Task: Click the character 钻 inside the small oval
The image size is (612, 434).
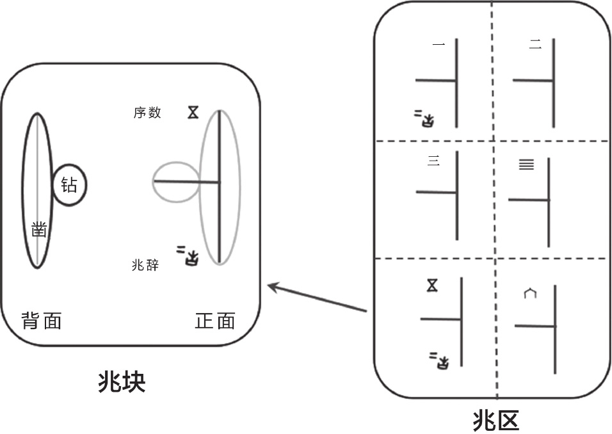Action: [x=68, y=186]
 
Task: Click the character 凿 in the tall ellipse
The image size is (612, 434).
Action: [x=39, y=229]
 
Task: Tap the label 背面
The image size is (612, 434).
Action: [x=42, y=320]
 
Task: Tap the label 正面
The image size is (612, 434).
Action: [x=214, y=320]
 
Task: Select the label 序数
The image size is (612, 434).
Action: [x=147, y=113]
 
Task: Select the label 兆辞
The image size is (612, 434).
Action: [x=145, y=264]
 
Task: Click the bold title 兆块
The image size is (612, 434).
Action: [x=122, y=382]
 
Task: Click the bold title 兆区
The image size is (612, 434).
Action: [x=495, y=420]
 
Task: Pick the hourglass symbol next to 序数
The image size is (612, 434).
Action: [x=193, y=113]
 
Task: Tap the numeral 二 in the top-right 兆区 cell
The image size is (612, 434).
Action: [x=536, y=44]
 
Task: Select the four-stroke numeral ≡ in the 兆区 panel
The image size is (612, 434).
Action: [x=526, y=165]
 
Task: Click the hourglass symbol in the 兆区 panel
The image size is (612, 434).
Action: [x=433, y=285]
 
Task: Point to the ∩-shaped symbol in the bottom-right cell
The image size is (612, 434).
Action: [x=529, y=294]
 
